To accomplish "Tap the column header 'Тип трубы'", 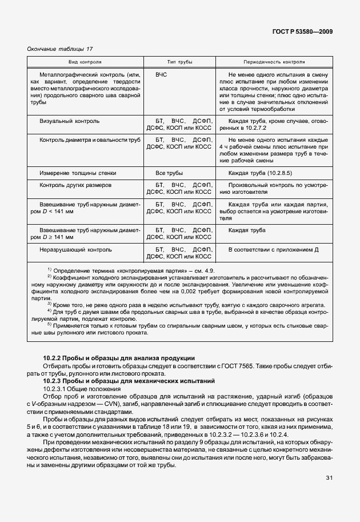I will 179,62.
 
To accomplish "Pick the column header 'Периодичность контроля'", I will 274,62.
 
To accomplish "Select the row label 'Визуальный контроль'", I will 69,121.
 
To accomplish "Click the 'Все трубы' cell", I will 169,173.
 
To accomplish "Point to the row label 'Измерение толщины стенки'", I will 78,173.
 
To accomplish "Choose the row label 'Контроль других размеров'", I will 75,186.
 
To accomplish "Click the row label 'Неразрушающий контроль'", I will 75,249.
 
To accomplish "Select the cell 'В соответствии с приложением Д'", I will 273,249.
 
